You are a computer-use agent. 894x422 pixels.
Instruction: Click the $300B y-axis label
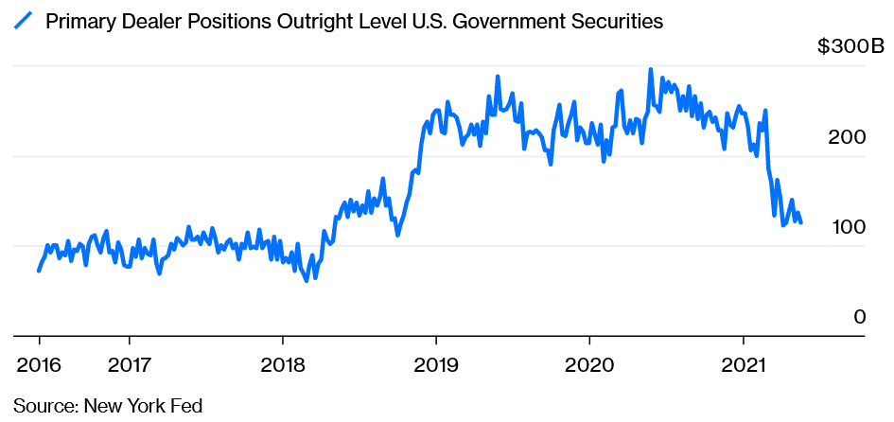(850, 47)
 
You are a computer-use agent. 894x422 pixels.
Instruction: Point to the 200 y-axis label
(847, 137)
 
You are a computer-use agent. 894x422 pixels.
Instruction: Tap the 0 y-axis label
(859, 317)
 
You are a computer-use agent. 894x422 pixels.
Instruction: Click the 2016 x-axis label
(39, 365)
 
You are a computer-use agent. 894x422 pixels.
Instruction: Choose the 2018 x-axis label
(282, 365)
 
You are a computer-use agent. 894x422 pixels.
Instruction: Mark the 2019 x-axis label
(435, 365)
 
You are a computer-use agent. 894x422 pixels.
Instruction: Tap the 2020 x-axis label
(588, 365)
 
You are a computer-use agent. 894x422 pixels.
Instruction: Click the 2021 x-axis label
(743, 365)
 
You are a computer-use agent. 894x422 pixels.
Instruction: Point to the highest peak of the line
(651, 70)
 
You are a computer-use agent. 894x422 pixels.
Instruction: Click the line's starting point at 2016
(39, 271)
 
